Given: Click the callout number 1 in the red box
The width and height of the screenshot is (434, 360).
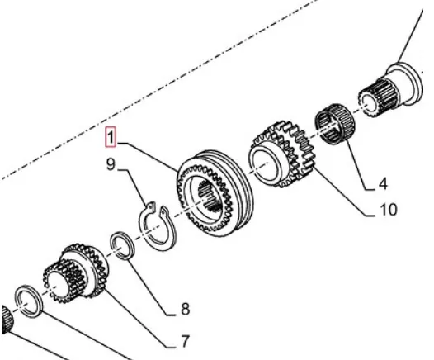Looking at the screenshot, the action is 111,137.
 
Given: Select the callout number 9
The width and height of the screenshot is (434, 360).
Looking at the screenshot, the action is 111,164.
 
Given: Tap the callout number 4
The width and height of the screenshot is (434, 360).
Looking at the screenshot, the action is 383,183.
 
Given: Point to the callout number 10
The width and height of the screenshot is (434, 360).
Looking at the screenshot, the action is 389,210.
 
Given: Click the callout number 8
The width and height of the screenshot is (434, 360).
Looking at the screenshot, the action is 186,309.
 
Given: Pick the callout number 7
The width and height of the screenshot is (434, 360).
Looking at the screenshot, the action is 185,341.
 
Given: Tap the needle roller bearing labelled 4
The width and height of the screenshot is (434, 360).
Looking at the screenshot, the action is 336,125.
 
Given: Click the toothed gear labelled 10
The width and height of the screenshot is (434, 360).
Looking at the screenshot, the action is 282,155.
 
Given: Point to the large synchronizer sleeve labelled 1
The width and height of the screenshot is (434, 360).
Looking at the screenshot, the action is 215,194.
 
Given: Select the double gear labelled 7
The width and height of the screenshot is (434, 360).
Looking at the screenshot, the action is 76,272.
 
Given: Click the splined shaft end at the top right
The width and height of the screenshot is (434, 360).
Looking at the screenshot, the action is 391,90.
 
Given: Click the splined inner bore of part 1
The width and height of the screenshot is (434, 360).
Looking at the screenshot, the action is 210,195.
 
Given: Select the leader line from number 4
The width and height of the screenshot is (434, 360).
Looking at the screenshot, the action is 359,165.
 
